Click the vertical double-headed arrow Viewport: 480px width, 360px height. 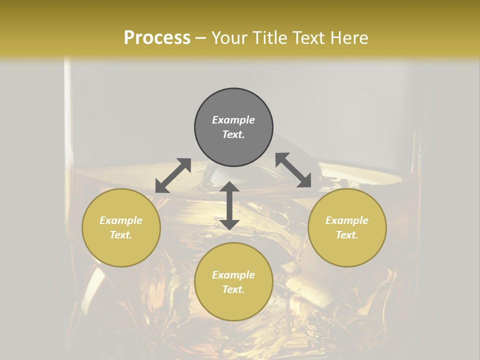(x=229, y=205)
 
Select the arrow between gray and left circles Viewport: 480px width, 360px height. (x=173, y=175)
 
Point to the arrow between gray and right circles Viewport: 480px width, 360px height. (x=293, y=170)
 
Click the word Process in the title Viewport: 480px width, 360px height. (x=157, y=38)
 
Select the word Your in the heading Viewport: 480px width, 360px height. (x=229, y=38)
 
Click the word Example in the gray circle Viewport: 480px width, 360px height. (x=233, y=120)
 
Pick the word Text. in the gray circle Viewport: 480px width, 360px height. (x=233, y=134)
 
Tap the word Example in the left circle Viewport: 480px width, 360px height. (x=121, y=220)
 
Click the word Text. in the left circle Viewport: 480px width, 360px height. (x=121, y=235)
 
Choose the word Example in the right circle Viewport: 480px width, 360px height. (x=347, y=220)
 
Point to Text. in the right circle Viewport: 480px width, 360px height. (x=347, y=235)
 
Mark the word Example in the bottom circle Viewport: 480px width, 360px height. (x=233, y=275)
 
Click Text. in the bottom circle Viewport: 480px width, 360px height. (x=233, y=289)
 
